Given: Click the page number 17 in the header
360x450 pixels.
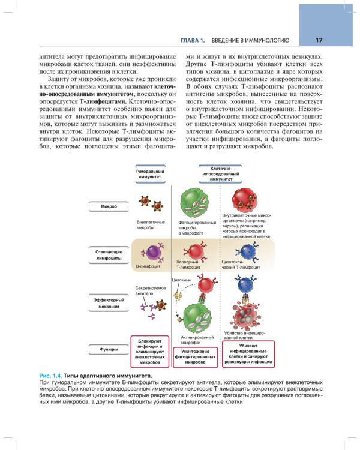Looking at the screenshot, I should click(319, 41).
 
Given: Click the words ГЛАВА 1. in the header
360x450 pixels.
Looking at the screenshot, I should click(193, 41).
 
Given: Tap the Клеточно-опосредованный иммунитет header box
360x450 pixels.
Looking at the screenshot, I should click(221, 174).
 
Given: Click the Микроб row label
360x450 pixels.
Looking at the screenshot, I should click(109, 206).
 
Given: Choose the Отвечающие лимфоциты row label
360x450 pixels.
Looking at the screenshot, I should click(109, 254).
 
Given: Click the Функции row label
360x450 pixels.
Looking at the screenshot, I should click(109, 349).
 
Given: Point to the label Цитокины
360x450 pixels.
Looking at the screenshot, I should click(182, 280).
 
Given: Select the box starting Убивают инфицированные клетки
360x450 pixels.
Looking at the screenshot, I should click(248, 353).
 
